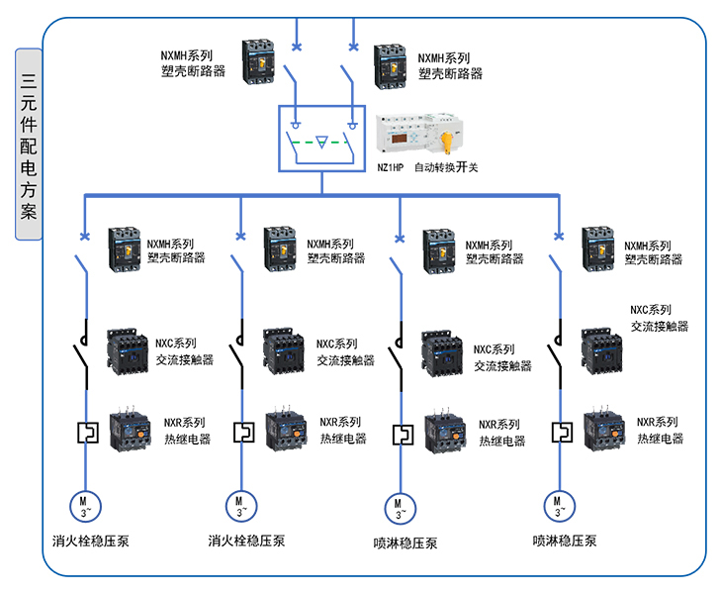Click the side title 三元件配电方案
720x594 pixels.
coord(29,145)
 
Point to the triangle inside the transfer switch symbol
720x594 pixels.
coord(322,144)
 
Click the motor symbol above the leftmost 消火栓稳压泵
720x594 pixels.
coord(84,506)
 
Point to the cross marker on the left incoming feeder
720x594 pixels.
coord(298,46)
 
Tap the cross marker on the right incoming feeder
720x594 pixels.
coord(353,46)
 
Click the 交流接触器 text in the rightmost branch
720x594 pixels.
coord(660,327)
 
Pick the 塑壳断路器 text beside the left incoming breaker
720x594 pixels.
coord(193,72)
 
